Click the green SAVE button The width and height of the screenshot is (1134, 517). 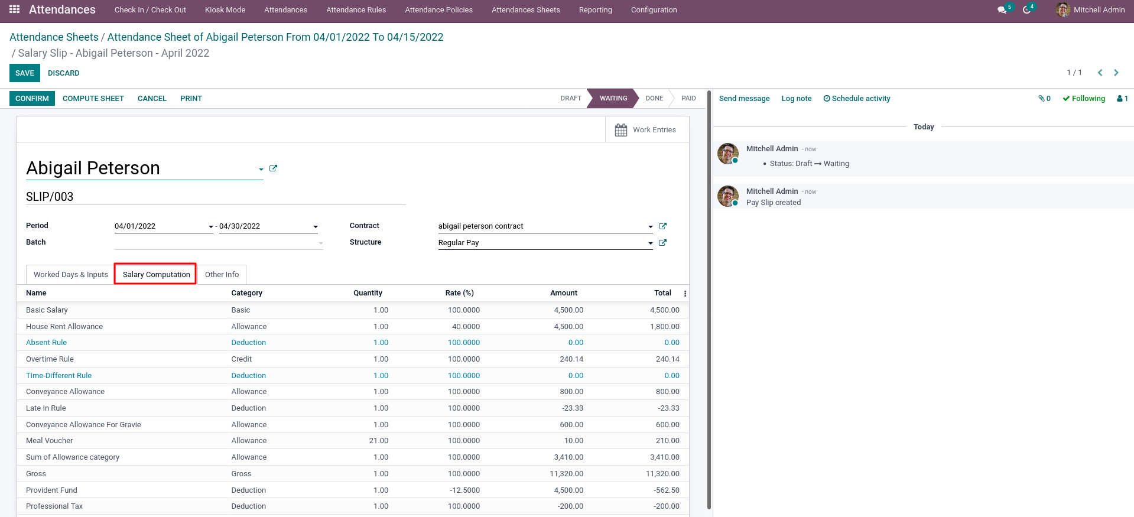click(x=25, y=73)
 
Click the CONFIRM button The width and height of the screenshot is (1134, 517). click(x=32, y=99)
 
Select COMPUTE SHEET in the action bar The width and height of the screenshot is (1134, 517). click(x=93, y=99)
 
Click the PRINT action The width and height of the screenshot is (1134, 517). click(x=191, y=99)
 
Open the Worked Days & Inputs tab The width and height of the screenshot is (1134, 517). click(x=71, y=275)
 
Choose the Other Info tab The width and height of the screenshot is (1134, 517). click(x=222, y=275)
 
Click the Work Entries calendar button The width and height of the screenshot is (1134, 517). click(x=646, y=130)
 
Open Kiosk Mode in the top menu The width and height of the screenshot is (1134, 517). click(x=225, y=10)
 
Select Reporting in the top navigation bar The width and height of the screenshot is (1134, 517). click(x=596, y=10)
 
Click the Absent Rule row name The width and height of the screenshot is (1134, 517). click(x=47, y=343)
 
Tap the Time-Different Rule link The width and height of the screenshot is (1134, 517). click(x=59, y=376)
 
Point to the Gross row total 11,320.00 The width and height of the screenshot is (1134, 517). click(x=662, y=474)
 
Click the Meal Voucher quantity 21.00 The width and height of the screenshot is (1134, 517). click(x=379, y=441)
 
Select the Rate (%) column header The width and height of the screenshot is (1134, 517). click(x=460, y=293)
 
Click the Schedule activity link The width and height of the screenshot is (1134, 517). click(x=857, y=99)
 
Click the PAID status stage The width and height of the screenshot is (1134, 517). click(x=688, y=99)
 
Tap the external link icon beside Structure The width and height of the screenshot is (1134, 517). click(x=662, y=243)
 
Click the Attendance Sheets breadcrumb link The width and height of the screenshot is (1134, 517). click(x=54, y=37)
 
